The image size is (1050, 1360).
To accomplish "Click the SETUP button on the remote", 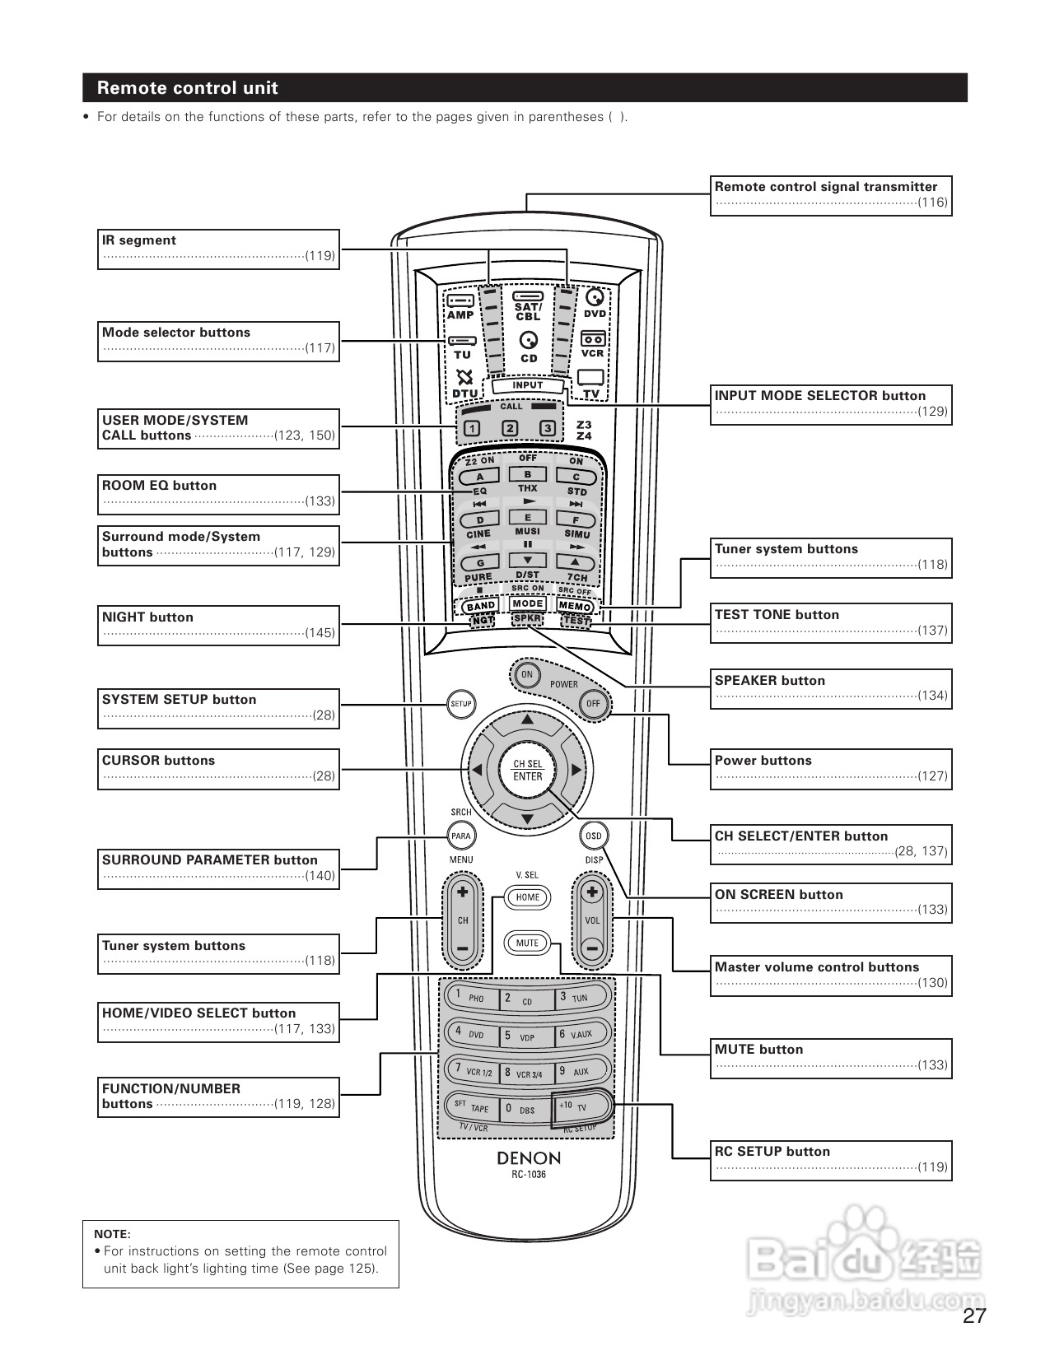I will (460, 704).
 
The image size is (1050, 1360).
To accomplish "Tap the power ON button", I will (527, 674).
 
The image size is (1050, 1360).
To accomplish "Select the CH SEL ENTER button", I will (528, 771).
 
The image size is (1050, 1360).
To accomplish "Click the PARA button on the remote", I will (460, 836).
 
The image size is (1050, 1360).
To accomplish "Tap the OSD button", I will (593, 836).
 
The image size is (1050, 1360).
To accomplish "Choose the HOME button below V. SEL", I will (528, 897).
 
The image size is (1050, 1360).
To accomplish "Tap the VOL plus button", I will (592, 892).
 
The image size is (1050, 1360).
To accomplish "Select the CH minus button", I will (462, 949).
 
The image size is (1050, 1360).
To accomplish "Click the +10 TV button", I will (581, 1106).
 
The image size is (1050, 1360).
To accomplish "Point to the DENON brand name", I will (528, 1158).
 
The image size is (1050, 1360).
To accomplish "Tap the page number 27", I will (974, 1316).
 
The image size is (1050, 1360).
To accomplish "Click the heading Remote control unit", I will (188, 88).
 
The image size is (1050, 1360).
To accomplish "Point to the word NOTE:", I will (112, 1234).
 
